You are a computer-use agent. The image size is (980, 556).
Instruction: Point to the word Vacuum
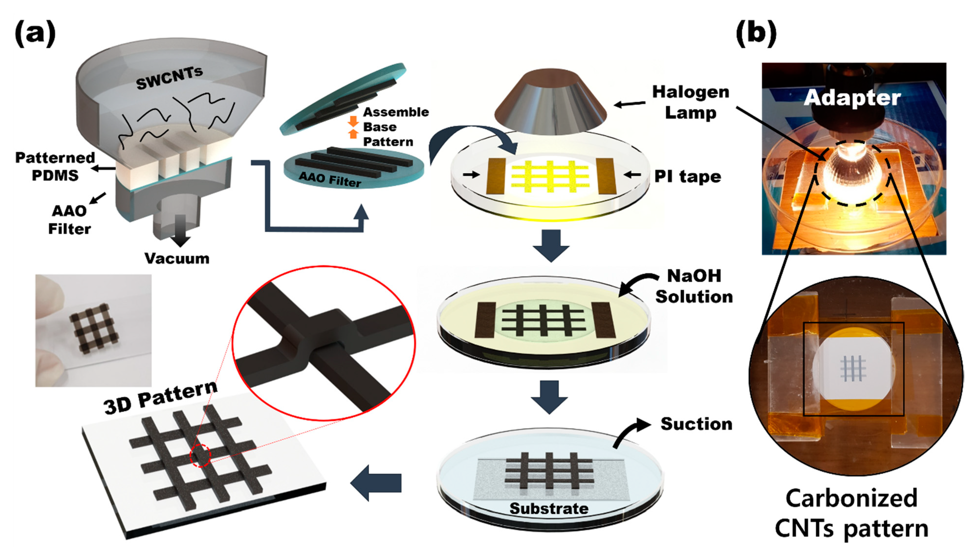point(177,258)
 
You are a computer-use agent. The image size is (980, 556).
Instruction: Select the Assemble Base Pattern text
point(395,127)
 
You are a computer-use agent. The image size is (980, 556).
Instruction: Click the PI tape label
point(687,176)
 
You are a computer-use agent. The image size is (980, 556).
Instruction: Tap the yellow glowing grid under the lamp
point(550,176)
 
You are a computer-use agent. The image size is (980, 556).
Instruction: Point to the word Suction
point(696,424)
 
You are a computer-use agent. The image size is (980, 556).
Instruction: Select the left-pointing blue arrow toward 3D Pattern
point(376,483)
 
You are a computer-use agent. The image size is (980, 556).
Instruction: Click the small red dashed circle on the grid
point(200,456)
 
